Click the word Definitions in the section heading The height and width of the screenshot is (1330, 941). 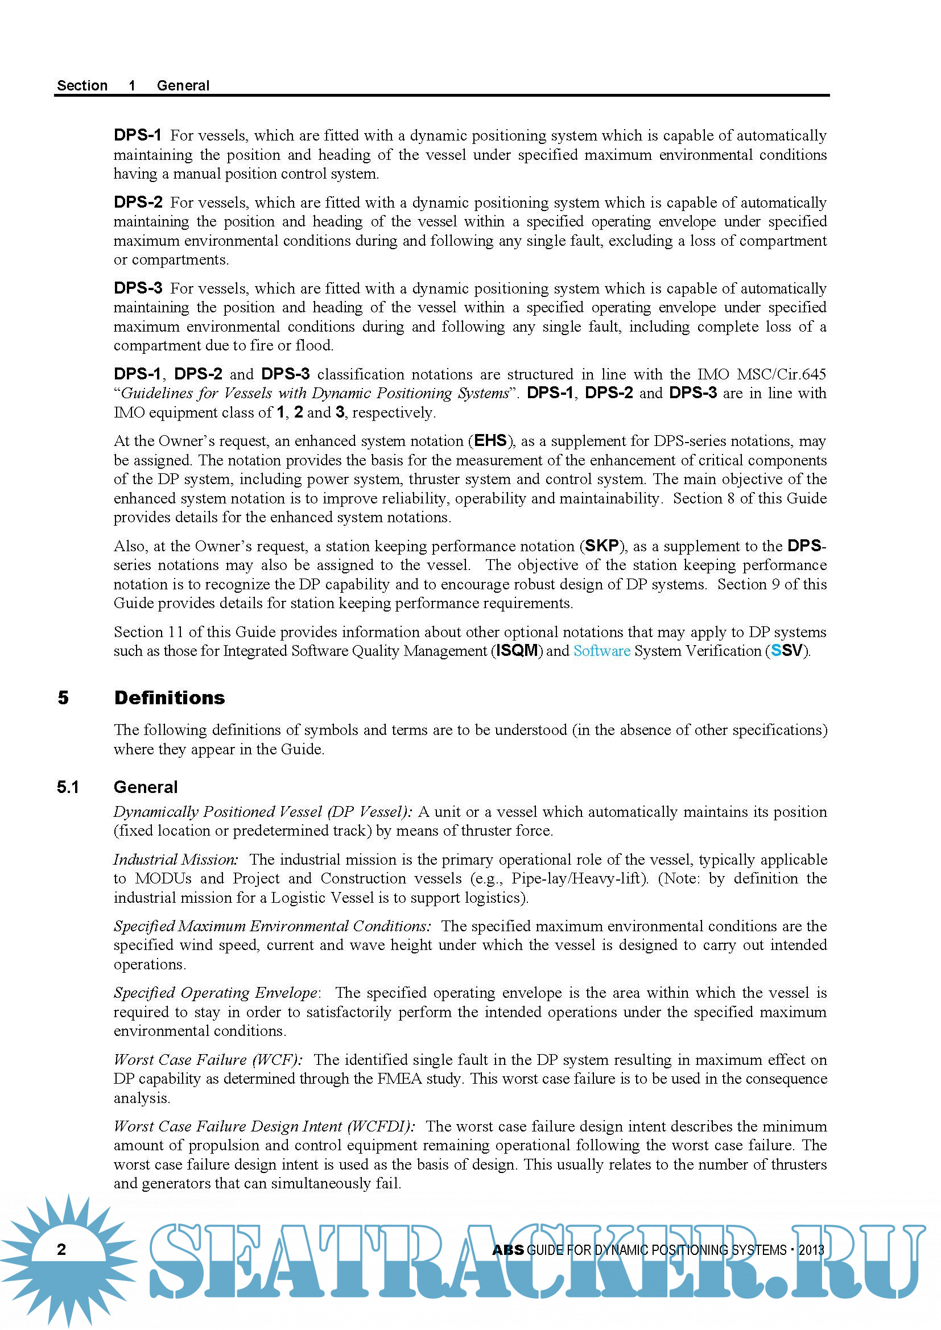(169, 697)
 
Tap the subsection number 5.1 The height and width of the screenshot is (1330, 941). (68, 787)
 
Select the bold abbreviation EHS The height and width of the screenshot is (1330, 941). (490, 441)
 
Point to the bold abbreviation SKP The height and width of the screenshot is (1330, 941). (602, 546)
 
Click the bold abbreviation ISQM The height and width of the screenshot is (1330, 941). (517, 651)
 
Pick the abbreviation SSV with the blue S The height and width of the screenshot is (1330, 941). (786, 651)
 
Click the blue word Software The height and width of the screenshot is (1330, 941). (601, 651)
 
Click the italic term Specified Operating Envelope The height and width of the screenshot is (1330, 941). (216, 993)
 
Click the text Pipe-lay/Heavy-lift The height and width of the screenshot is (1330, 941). (577, 878)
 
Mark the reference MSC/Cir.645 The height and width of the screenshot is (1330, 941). (781, 374)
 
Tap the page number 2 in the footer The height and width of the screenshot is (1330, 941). (61, 1249)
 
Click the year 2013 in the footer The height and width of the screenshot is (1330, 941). (811, 1250)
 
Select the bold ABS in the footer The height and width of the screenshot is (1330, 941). (507, 1250)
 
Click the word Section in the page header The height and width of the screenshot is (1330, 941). (82, 86)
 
